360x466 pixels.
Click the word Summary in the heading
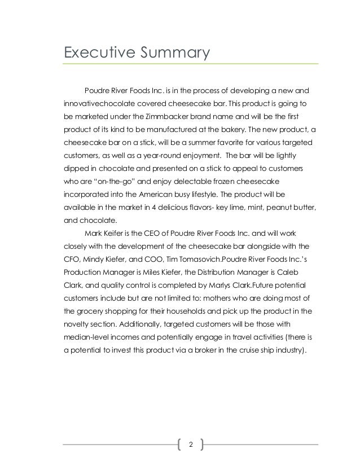click(x=173, y=53)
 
